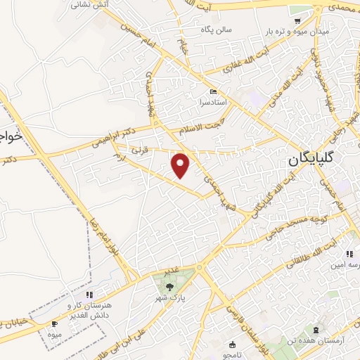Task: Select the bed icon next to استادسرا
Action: point(213,92)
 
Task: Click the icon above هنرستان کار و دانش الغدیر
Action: point(89,295)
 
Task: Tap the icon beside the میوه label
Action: point(55,323)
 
